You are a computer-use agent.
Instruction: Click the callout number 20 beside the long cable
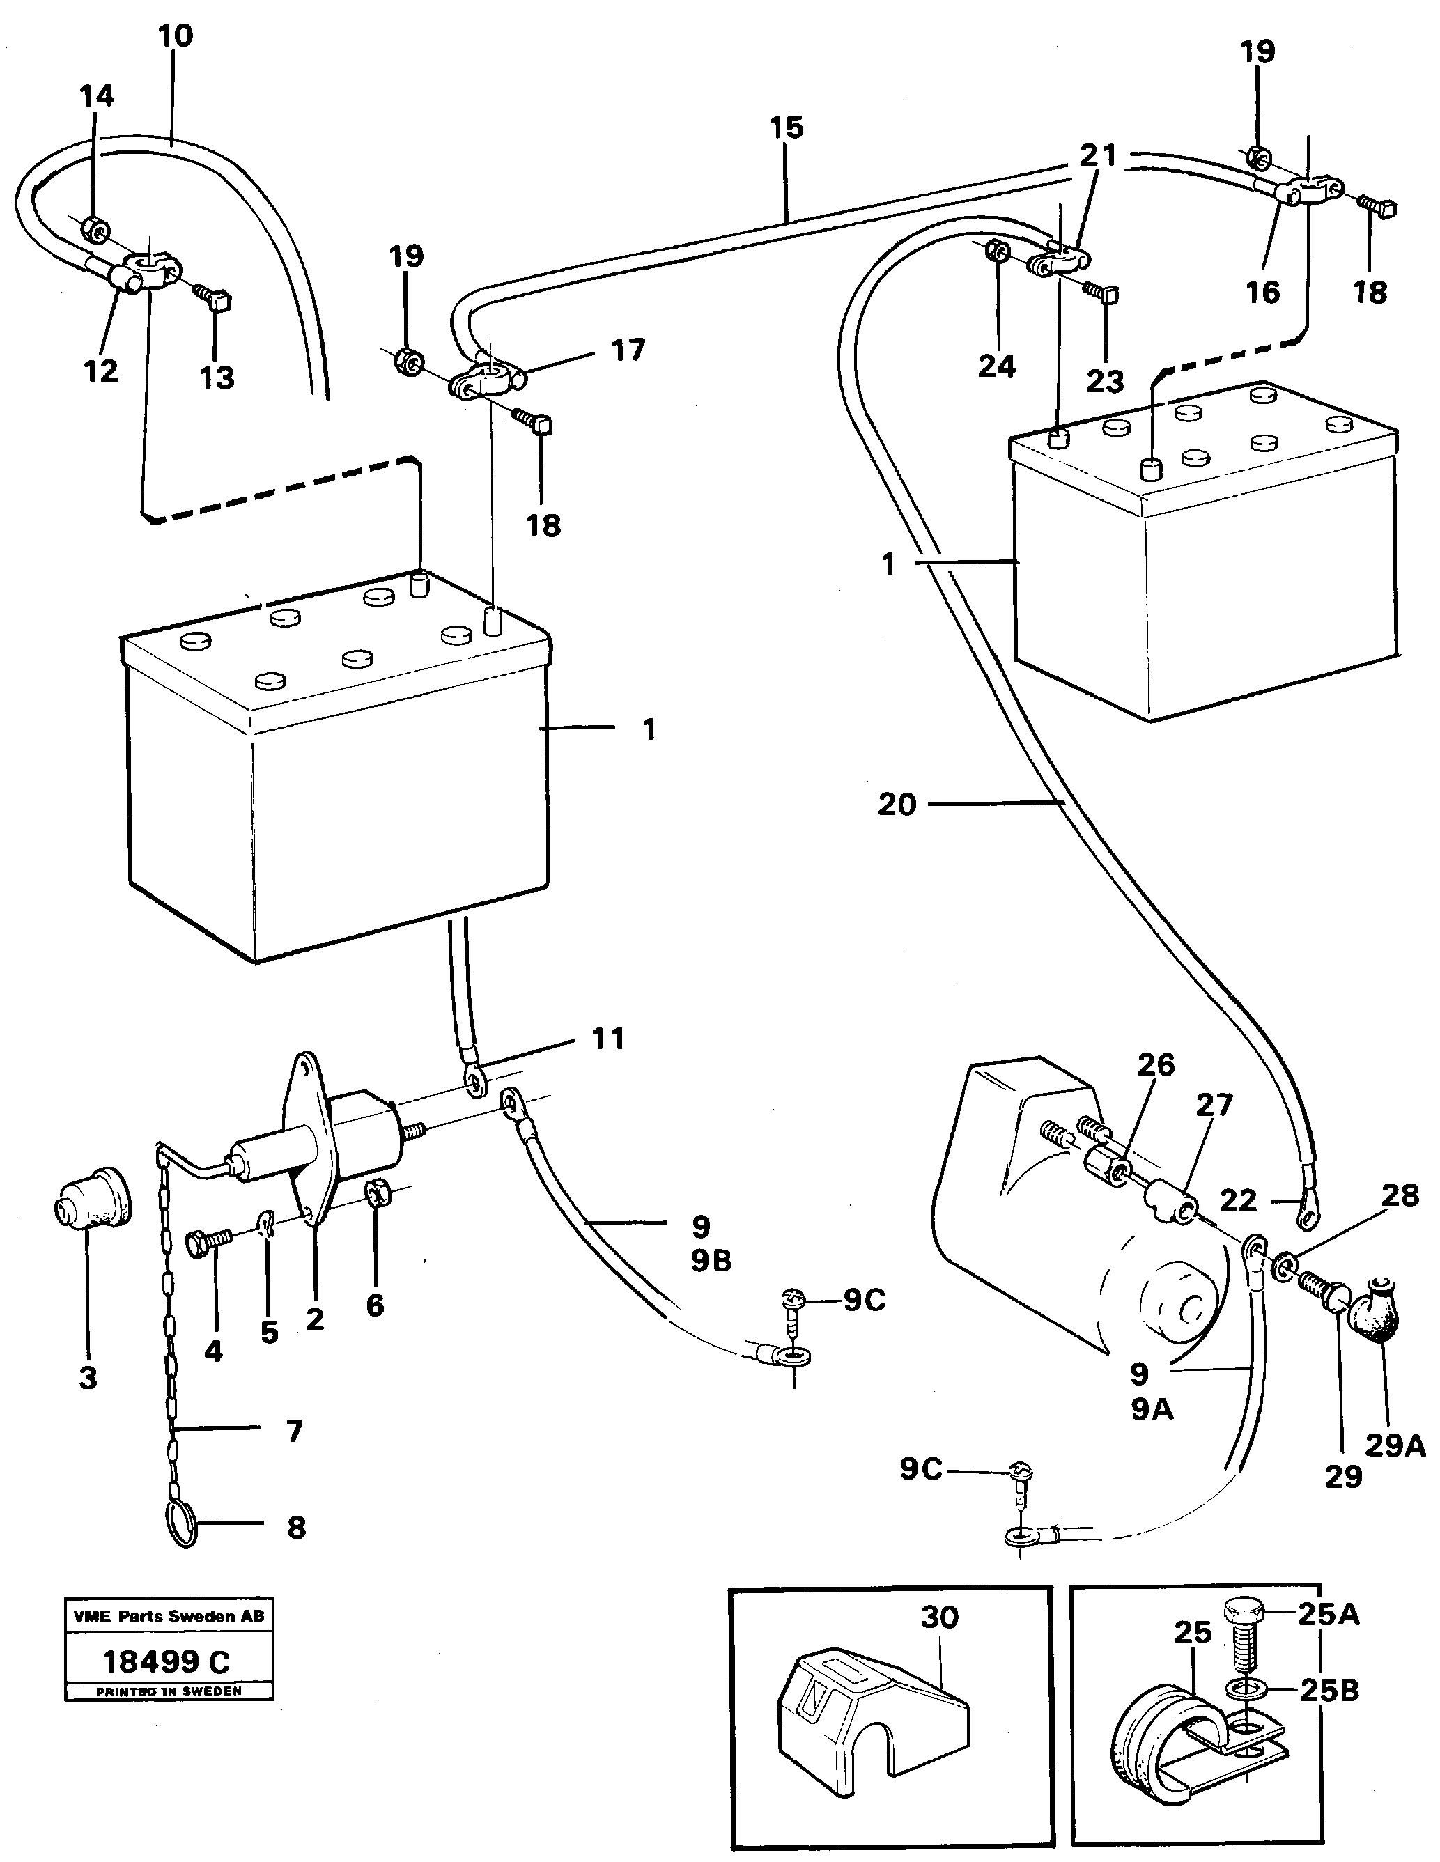[x=897, y=804]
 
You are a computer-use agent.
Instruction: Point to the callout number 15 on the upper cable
[x=786, y=128]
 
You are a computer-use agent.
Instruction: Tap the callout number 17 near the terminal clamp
[x=628, y=350]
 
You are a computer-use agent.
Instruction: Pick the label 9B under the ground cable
[x=711, y=1262]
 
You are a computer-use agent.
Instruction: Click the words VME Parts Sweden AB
[x=169, y=1615]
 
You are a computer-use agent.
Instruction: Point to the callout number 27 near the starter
[x=1214, y=1105]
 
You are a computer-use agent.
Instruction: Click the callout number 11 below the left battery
[x=608, y=1039]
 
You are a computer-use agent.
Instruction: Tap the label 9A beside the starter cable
[x=1152, y=1410]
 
